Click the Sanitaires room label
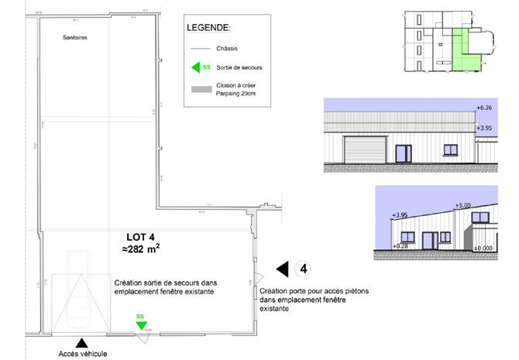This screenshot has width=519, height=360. point(74,36)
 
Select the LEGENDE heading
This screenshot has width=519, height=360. point(209,28)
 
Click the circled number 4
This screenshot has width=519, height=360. point(305,269)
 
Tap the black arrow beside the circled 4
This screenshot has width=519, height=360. point(283,269)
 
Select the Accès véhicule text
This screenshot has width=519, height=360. point(82,354)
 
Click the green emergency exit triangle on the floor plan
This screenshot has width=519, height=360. point(140,325)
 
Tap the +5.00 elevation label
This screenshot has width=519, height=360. point(463,205)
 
